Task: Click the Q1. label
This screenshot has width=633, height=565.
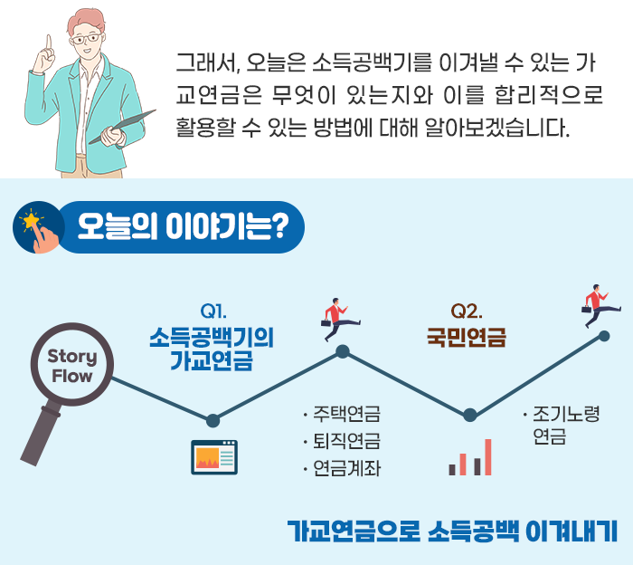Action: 213,311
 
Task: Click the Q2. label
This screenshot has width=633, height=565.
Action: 467,311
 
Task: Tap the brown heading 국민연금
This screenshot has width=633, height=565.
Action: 467,338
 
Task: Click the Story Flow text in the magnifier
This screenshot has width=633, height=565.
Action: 72,366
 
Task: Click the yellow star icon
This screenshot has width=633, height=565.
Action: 31,220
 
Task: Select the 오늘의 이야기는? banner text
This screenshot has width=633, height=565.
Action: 183,226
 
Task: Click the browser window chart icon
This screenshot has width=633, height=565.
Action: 214,457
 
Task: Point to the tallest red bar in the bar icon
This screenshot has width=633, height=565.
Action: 487,457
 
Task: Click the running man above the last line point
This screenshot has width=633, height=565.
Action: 600,305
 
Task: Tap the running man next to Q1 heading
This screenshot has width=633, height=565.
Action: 340,320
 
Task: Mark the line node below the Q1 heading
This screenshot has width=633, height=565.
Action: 213,420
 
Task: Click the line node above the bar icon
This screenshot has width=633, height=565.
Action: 469,415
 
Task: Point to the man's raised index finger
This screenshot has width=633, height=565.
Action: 49,43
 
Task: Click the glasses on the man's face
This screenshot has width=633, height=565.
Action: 86,39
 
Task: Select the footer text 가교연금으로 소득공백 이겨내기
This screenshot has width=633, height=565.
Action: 452,531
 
